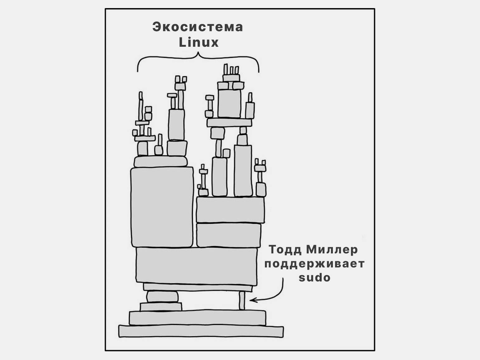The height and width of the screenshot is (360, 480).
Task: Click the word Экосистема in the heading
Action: tap(198, 27)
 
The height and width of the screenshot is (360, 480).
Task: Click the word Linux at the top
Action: tap(199, 42)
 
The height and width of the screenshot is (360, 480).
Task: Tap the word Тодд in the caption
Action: tap(285, 249)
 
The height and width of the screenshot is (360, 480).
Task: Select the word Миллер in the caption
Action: tap(332, 249)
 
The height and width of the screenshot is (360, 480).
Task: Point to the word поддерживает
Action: tap(314, 264)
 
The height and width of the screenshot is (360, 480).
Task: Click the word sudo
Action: tap(314, 277)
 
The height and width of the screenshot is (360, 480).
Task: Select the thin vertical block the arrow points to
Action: tap(242, 300)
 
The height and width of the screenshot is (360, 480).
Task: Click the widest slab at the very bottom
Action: tap(201, 331)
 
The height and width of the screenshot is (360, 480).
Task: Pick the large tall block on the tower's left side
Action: tap(162, 207)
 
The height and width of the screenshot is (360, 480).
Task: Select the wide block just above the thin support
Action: tap(196, 266)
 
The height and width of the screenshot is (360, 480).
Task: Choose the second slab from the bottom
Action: tap(198, 318)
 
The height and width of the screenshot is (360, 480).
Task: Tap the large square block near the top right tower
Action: tap(229, 103)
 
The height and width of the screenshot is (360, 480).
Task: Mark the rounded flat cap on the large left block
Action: tap(161, 162)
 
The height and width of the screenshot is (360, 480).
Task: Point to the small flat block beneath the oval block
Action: tap(161, 307)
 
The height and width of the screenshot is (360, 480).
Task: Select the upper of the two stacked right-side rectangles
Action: tap(230, 210)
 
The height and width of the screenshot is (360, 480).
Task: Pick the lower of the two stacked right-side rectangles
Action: tap(229, 235)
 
